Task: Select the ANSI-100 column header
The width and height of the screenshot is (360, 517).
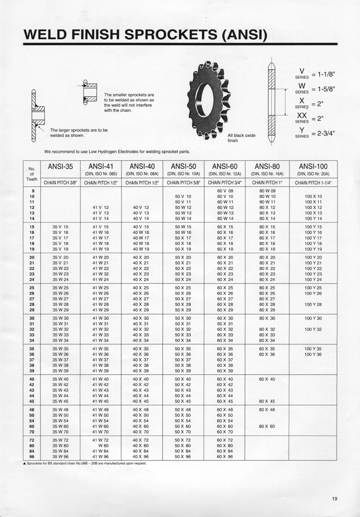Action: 313,166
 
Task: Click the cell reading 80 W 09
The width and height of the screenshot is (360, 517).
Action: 267,191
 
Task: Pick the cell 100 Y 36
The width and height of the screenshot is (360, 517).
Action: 313,355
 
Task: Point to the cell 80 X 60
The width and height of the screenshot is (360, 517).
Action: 267,426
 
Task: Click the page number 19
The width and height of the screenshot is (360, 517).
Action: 335,499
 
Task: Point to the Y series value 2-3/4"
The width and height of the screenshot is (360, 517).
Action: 323,134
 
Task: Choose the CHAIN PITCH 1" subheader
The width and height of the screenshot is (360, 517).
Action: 267,182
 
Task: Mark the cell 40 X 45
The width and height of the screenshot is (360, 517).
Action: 140,402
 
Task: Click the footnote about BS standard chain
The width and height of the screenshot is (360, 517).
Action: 88,463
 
